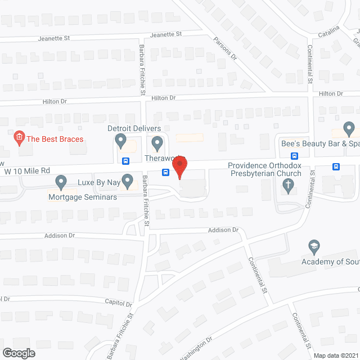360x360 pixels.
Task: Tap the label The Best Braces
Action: click(x=55, y=139)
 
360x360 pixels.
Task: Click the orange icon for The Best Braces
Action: click(x=19, y=137)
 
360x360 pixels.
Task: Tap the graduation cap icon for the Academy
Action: click(x=314, y=246)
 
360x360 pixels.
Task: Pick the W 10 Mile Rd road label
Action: click(x=27, y=170)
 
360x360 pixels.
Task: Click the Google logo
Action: click(x=18, y=353)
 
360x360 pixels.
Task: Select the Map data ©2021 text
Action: click(x=335, y=355)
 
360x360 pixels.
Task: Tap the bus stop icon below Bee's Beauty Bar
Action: click(x=294, y=156)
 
